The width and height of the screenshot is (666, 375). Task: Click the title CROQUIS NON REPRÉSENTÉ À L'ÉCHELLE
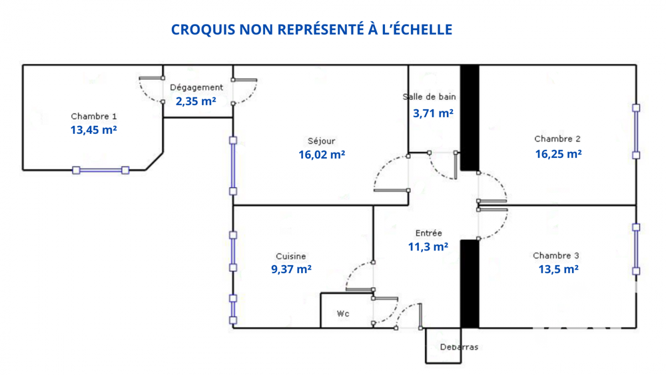click(x=312, y=30)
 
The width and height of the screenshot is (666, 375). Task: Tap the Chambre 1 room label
click(x=94, y=117)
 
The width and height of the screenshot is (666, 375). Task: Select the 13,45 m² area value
click(x=94, y=131)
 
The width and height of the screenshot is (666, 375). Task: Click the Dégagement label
click(x=196, y=87)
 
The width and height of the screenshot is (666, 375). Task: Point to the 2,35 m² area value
click(x=196, y=102)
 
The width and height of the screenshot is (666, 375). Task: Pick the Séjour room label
click(x=322, y=141)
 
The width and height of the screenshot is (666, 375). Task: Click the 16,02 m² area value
click(x=322, y=155)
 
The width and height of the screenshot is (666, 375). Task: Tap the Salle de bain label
click(x=430, y=97)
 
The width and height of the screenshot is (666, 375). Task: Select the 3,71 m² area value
click(x=434, y=113)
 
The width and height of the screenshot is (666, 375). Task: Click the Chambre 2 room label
click(x=557, y=139)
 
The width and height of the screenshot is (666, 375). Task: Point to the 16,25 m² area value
click(x=558, y=154)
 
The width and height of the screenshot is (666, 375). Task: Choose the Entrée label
click(x=428, y=233)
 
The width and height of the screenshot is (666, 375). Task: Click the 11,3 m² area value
click(x=428, y=247)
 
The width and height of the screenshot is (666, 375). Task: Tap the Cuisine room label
click(x=291, y=256)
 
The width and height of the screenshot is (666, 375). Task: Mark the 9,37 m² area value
click(x=291, y=270)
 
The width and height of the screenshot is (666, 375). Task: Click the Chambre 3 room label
click(x=556, y=256)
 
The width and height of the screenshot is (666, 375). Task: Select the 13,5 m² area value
click(x=558, y=270)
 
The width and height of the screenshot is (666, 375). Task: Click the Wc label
click(x=343, y=314)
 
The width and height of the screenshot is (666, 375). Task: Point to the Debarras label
click(x=459, y=347)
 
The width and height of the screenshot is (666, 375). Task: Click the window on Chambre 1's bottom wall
click(x=101, y=171)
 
